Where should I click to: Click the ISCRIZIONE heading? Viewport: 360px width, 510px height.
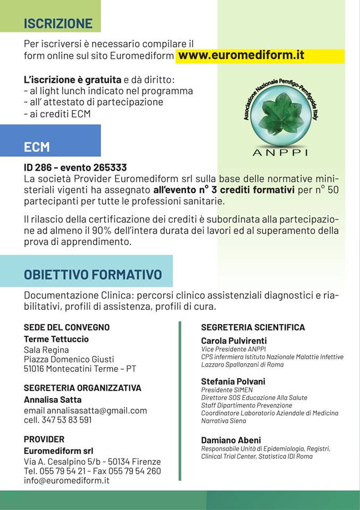pyautogui.click(x=58, y=23)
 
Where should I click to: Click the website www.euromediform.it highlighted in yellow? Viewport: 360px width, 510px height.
pyautogui.click(x=241, y=55)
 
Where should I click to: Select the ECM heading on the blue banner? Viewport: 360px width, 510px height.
pyautogui.click(x=37, y=147)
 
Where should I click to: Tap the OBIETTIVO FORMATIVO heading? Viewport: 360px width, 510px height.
pyautogui.click(x=93, y=275)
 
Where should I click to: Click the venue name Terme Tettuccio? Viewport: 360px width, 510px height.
pyautogui.click(x=56, y=339)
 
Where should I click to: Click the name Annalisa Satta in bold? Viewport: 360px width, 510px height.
pyautogui.click(x=53, y=399)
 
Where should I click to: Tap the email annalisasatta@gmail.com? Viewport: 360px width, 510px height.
pyautogui.click(x=97, y=410)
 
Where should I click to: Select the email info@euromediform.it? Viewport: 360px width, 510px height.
pyautogui.click(x=66, y=480)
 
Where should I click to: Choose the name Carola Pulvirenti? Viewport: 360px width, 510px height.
pyautogui.click(x=233, y=341)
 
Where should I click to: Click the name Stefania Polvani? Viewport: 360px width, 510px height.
pyautogui.click(x=233, y=381)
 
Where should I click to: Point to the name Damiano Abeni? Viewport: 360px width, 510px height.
pyautogui.click(x=231, y=440)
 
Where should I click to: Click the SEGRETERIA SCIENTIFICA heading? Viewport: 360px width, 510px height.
pyautogui.click(x=253, y=327)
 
